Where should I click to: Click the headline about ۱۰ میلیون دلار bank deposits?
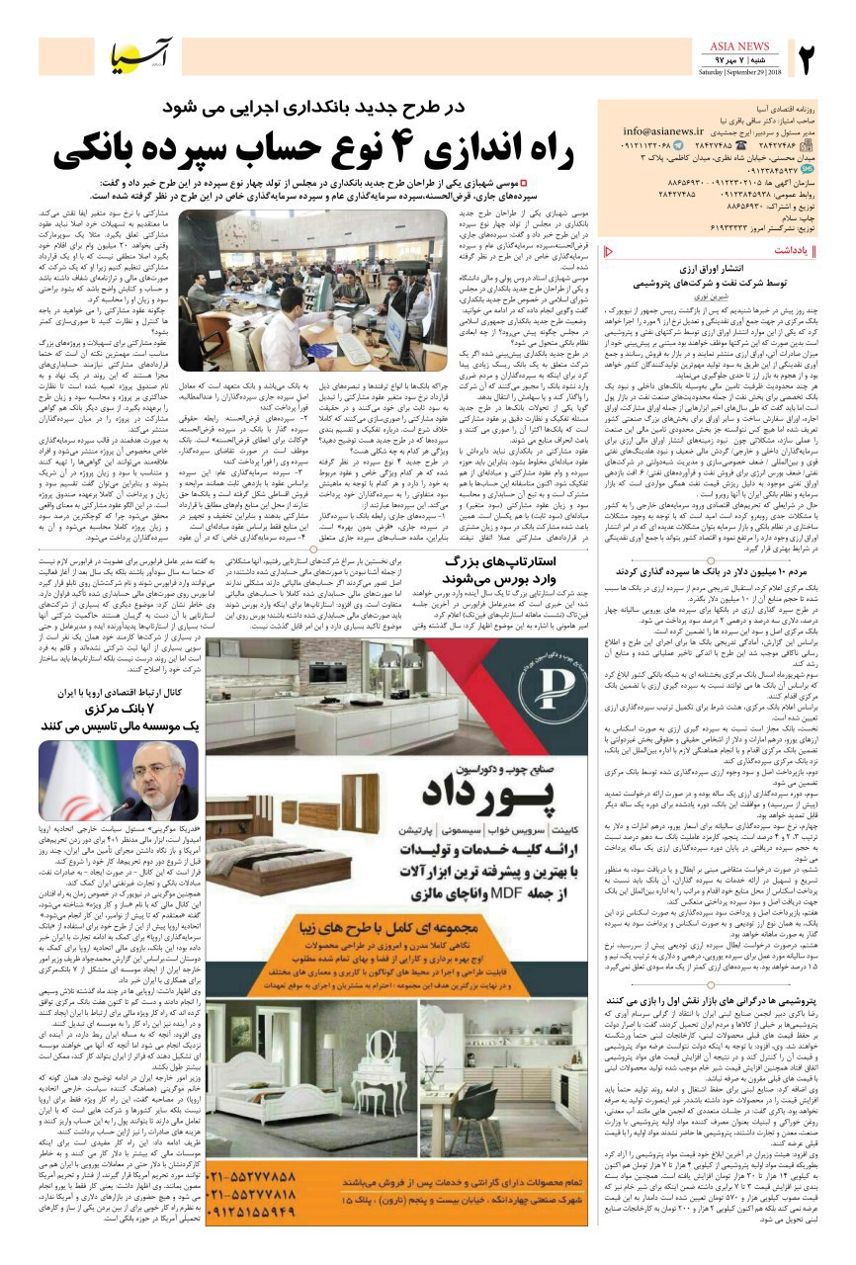[730, 570]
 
